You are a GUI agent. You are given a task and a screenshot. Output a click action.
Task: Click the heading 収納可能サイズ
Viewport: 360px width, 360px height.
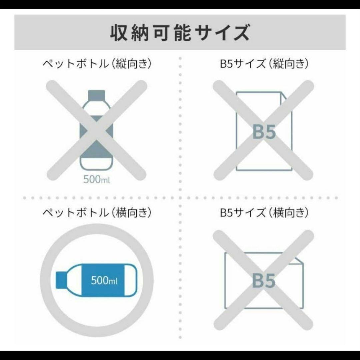[180, 32]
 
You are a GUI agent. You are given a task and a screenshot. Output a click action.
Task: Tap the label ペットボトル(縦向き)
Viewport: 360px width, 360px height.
[97, 64]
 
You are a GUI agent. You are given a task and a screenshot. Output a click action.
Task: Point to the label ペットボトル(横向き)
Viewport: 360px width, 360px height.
[97, 212]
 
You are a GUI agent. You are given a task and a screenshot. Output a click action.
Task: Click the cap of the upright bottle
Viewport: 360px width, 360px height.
[96, 95]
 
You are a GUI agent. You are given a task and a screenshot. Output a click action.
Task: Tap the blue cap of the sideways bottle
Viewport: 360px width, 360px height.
[61, 280]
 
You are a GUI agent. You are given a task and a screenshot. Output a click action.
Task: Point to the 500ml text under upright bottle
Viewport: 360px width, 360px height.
[97, 180]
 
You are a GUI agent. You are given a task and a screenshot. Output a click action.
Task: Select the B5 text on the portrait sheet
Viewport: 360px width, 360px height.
[264, 132]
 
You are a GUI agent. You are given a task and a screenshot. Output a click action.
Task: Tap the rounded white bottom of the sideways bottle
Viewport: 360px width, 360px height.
[131, 280]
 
